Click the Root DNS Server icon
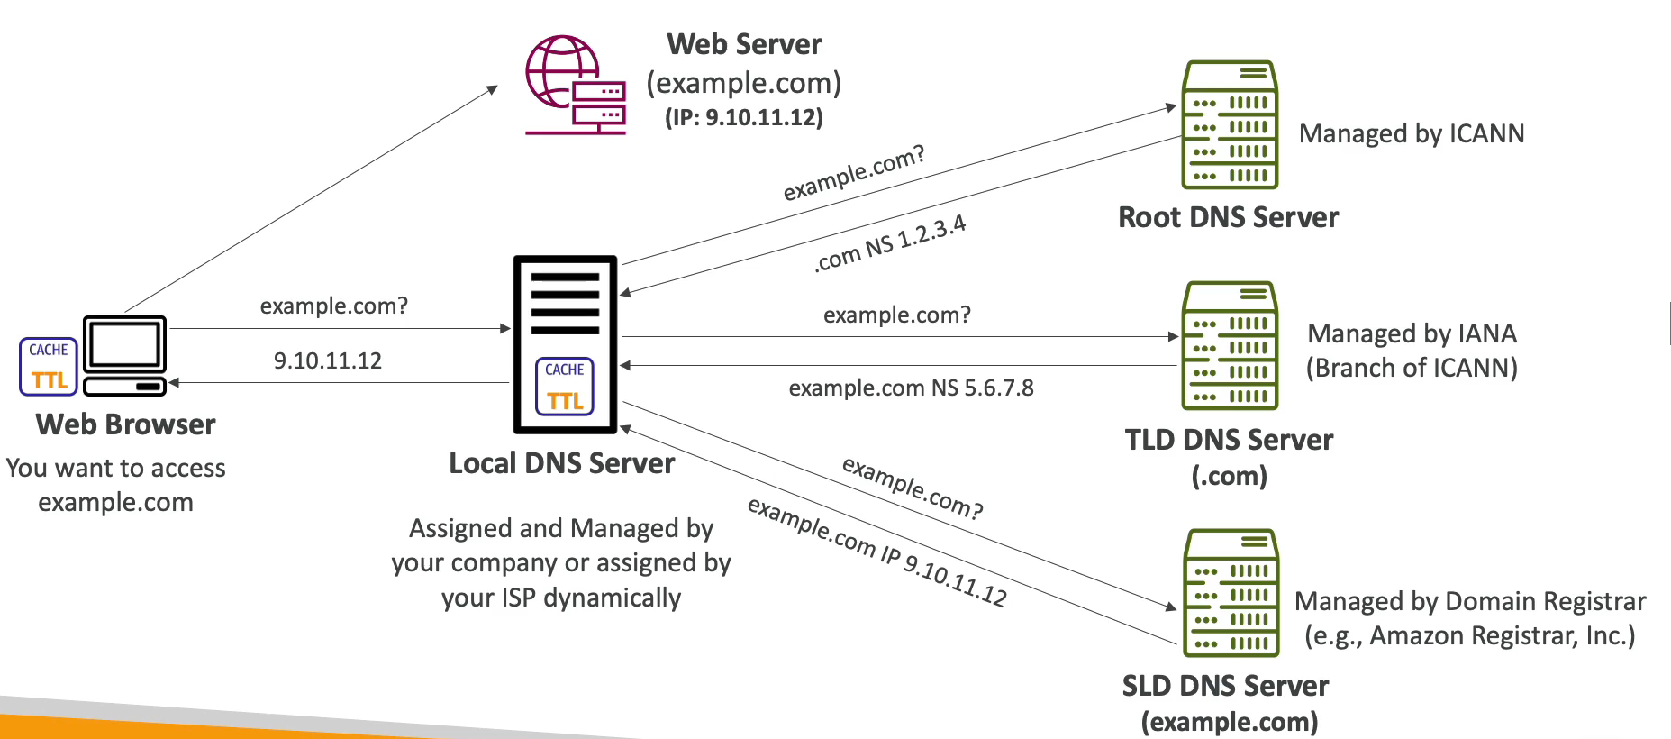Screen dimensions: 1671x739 click(1230, 124)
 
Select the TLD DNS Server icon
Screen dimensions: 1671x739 click(1230, 345)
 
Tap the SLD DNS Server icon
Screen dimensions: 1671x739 click(1230, 592)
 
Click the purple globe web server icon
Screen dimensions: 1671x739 click(576, 85)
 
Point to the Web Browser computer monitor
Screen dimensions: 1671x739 click(124, 355)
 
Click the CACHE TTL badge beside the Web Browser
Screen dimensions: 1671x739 click(49, 366)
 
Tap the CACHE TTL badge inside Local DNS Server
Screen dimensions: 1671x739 click(565, 387)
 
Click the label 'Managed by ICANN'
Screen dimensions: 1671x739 click(1412, 133)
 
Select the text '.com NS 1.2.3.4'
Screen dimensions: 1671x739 click(890, 243)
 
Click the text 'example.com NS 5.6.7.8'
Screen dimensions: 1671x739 click(911, 388)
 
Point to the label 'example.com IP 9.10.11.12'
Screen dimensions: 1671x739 click(877, 552)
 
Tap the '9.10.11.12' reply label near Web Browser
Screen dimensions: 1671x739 click(328, 360)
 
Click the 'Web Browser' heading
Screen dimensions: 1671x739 click(125, 424)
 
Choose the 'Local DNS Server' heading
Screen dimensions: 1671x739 click(562, 463)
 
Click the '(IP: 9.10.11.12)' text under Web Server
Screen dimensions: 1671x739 click(744, 117)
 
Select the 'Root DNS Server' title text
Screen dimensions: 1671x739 click(1229, 217)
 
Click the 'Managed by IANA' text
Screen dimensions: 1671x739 click(1412, 333)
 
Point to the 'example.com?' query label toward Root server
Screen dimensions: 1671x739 click(853, 172)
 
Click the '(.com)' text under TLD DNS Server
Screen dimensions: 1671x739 click(1230, 476)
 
